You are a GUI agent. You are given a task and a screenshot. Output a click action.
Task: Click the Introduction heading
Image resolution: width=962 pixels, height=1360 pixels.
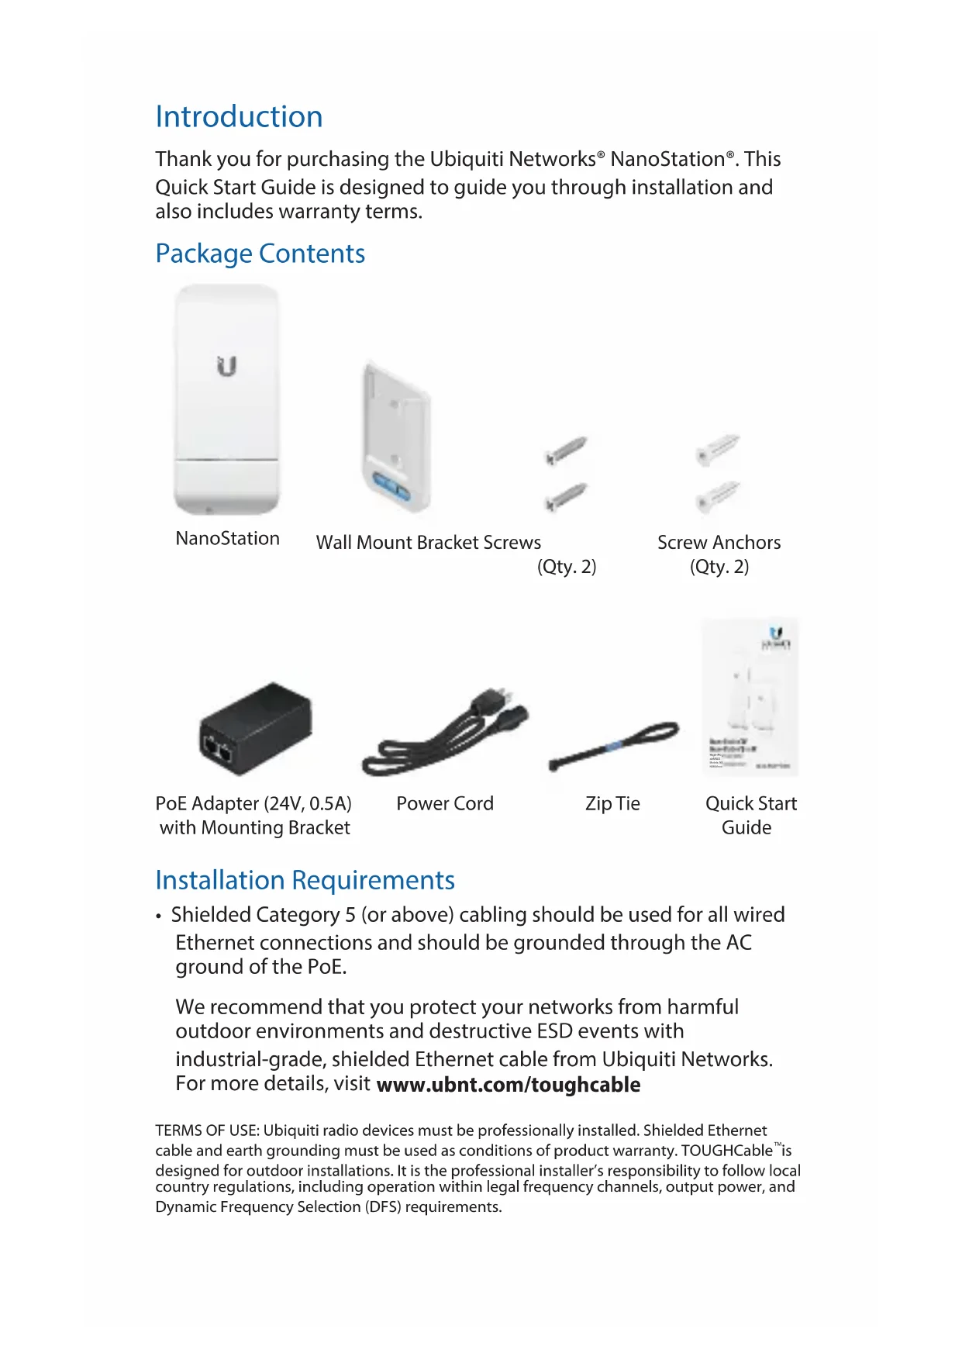[239, 117]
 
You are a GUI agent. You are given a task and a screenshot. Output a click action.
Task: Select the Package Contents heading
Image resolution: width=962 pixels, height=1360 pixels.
[260, 254]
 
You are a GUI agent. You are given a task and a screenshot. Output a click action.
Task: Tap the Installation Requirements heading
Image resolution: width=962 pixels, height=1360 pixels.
[305, 881]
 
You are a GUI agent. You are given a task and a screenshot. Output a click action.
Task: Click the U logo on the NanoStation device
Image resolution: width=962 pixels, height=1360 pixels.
[226, 366]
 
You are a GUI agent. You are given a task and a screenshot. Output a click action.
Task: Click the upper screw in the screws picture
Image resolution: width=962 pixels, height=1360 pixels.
[566, 450]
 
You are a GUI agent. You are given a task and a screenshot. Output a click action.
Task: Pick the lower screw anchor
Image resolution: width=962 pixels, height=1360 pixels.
[718, 496]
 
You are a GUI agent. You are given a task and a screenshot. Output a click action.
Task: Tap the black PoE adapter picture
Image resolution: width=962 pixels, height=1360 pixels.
[255, 729]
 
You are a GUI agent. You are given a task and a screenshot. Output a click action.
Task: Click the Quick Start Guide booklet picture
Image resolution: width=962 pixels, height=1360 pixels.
[749, 696]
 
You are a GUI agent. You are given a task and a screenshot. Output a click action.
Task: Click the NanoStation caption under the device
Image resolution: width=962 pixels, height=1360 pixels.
[227, 539]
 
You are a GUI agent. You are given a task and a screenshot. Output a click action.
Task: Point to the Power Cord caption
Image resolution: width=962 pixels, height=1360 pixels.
[444, 804]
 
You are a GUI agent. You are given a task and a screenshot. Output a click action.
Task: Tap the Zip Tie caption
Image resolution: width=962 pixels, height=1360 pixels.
[612, 804]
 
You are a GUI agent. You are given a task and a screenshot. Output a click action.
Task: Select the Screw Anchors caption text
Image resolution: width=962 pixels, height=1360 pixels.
[719, 543]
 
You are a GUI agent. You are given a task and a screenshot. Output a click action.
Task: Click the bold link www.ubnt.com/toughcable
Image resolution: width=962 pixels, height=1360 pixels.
[508, 1085]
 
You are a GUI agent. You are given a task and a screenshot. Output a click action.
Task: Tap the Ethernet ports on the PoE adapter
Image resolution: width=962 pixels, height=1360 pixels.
[218, 750]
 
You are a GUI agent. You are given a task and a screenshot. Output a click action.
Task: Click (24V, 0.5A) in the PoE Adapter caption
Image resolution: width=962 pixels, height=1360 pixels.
[308, 804]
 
